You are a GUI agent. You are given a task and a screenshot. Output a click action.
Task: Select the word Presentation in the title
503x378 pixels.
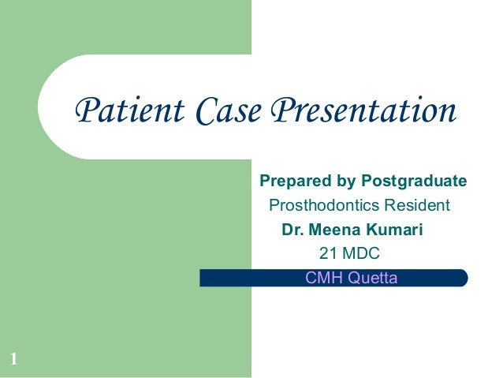[363, 110]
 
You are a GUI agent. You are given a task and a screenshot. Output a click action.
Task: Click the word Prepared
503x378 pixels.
[290, 182]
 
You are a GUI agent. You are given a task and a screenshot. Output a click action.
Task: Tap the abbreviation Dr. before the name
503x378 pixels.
[292, 231]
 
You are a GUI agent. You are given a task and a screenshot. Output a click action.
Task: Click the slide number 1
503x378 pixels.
[13, 361]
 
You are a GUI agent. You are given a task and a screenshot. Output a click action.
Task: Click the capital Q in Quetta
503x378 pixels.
[353, 278]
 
